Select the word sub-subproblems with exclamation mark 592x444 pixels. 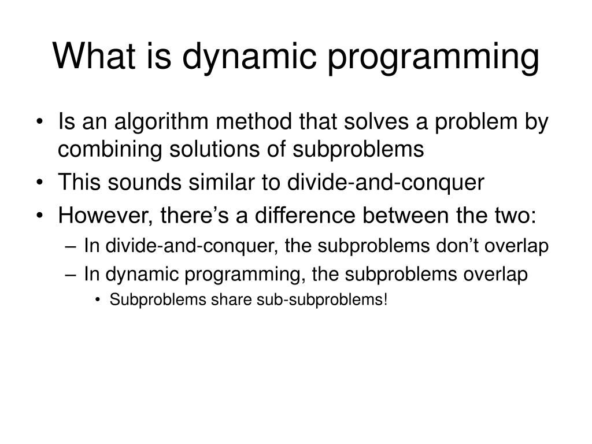pos(317,301)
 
